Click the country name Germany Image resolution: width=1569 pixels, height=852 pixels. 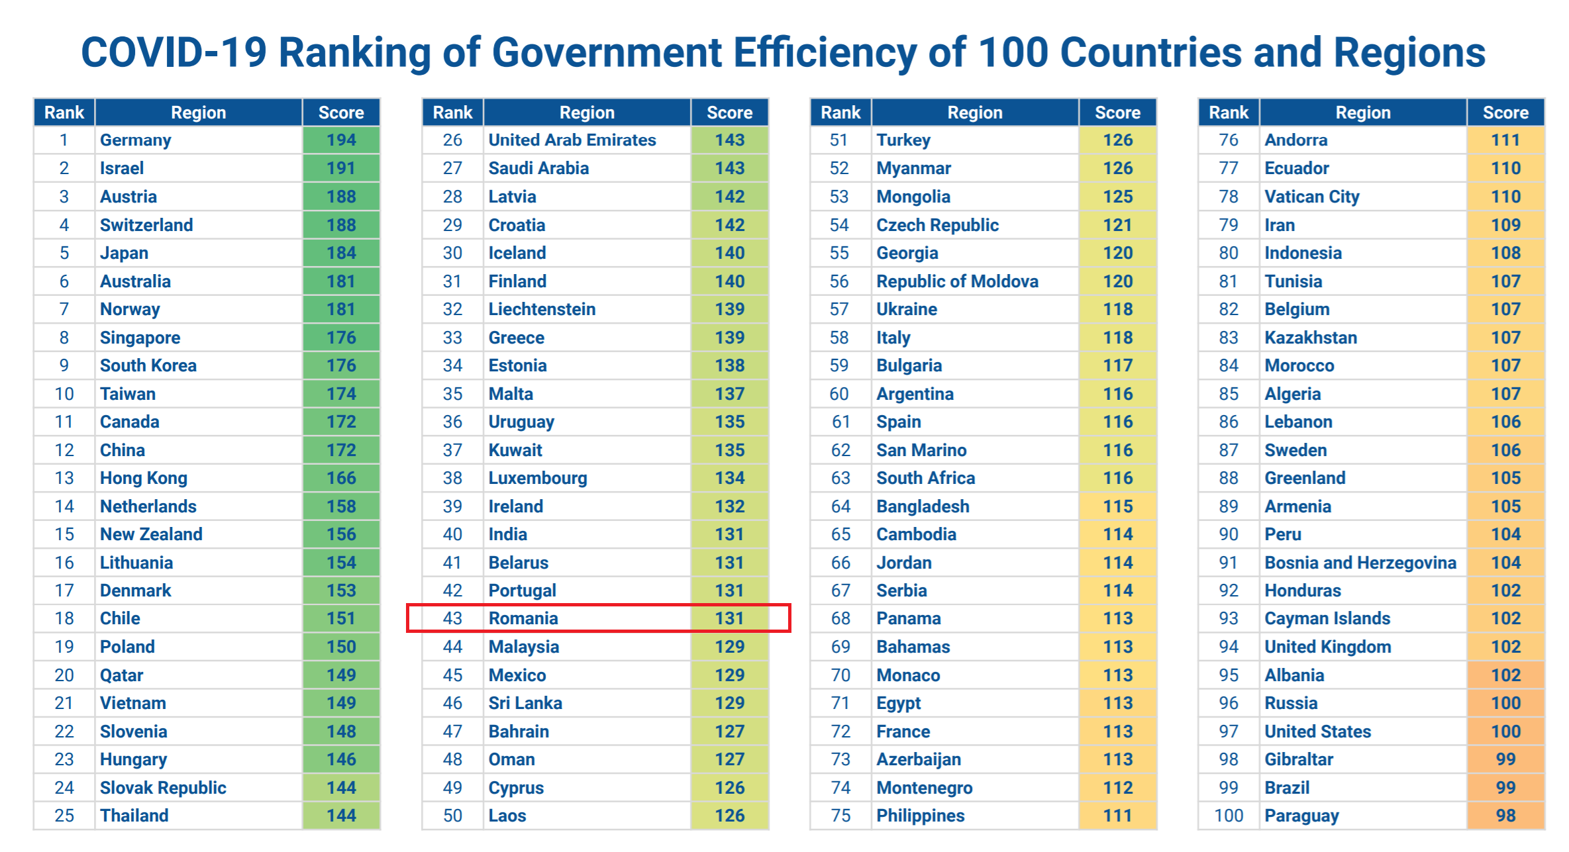pos(135,140)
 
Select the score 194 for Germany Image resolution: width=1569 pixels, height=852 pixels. pos(341,140)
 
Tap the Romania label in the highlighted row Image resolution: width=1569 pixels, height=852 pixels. pos(523,618)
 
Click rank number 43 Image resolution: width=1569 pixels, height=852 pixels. pos(452,618)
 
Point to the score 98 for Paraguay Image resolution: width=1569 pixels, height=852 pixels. pos(1505,816)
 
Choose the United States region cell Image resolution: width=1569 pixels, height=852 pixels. pos(1317,732)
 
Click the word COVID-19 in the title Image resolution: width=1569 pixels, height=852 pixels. pos(174,53)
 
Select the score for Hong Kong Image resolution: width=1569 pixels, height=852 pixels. pos(341,478)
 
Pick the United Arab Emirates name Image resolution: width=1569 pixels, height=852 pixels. pos(572,140)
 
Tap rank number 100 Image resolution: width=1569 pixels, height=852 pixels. pos(1229,816)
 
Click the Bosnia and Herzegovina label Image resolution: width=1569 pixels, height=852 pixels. pos(1360,563)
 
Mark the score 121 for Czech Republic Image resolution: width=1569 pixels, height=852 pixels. pos(1117,225)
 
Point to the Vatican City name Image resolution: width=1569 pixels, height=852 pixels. pos(1311,197)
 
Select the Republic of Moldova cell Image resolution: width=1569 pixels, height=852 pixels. pos(957,281)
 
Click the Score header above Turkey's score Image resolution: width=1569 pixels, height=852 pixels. pos(1117,113)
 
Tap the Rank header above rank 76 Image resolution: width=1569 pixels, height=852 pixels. pos(1229,113)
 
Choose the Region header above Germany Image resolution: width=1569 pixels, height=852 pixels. pos(199,113)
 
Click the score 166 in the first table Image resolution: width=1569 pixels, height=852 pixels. pos(341,478)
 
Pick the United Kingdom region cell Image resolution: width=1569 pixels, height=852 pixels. pos(1327,647)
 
